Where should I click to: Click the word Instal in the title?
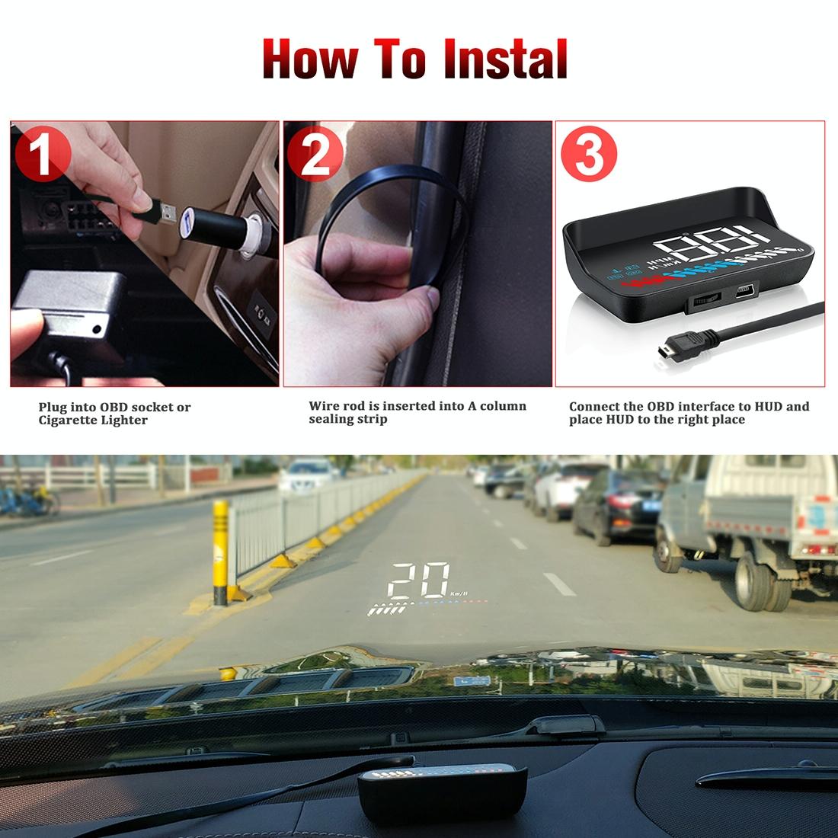[x=507, y=60]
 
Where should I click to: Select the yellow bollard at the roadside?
[x=221, y=552]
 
